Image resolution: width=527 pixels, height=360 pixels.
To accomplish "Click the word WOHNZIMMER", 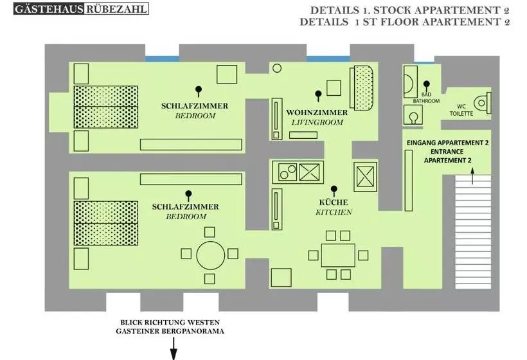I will pos(317,113).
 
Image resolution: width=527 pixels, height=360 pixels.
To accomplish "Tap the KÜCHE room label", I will pos(334,202).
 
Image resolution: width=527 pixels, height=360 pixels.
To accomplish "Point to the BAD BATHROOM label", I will pos(430,97).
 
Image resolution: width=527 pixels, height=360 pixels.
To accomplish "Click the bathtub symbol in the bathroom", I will pos(409,82).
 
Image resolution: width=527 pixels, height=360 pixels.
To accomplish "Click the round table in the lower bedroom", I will pos(209,255).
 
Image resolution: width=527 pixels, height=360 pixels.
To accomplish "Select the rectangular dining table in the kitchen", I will pos(338,255).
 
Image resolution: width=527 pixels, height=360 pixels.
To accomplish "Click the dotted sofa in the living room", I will pos(362,89).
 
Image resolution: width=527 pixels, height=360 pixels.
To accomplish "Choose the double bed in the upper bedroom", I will pos(105,107).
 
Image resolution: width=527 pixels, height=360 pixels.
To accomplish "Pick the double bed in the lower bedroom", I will pos(105,222).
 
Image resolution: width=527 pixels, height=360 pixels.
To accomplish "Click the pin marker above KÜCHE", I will pos(334,190).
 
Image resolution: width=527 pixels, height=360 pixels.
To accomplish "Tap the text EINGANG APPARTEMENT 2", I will pos(447,142).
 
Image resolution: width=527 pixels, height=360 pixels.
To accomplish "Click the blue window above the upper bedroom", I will pos(161,59).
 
